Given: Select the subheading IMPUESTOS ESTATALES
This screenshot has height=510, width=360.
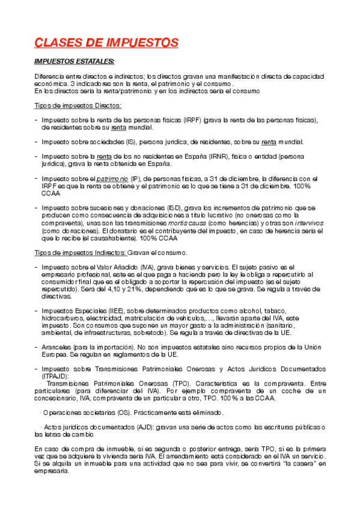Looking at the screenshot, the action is click(75, 61).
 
